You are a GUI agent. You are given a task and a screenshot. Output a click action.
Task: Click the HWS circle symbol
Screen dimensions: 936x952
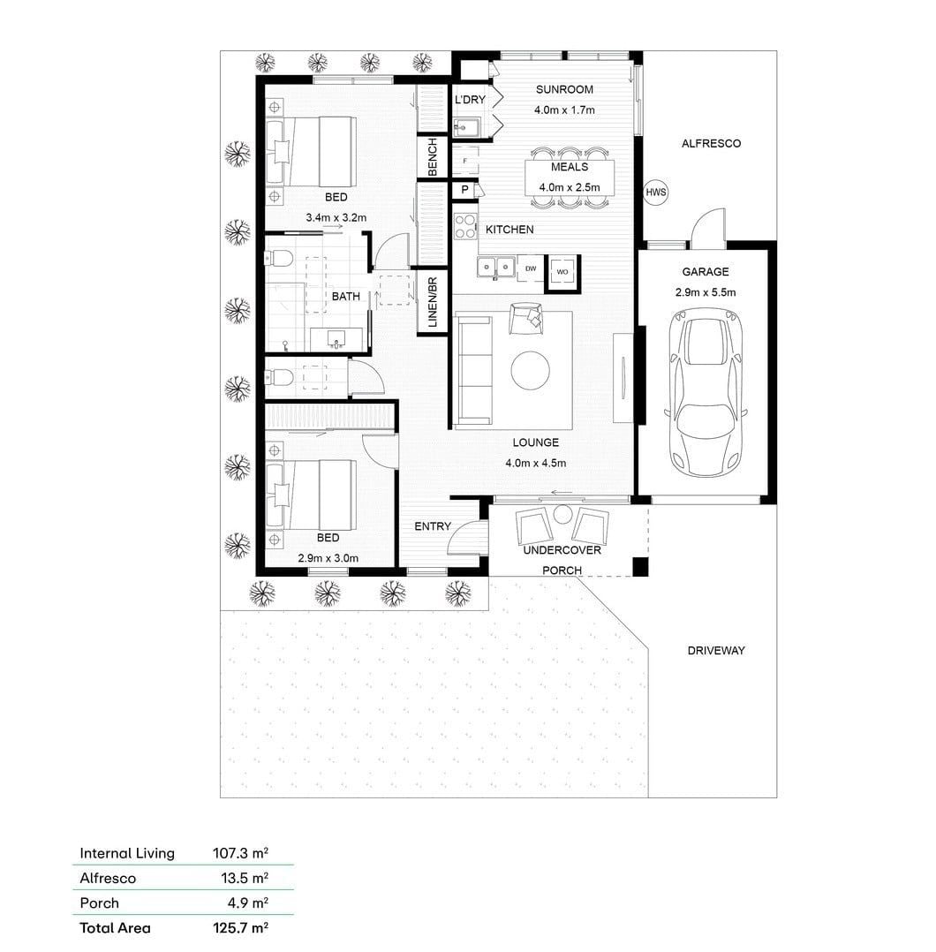pos(655,193)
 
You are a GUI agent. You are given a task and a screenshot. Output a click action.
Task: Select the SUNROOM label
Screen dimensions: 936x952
pos(564,90)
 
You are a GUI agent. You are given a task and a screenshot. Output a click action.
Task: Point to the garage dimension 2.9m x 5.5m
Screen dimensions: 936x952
pos(706,292)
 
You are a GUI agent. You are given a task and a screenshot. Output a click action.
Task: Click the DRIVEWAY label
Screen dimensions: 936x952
pos(715,651)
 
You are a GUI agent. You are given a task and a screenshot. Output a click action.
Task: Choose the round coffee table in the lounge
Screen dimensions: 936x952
pos(530,370)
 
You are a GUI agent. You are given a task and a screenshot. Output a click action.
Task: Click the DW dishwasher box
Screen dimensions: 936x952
pos(531,268)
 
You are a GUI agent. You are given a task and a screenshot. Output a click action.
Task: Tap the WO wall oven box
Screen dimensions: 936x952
pos(562,271)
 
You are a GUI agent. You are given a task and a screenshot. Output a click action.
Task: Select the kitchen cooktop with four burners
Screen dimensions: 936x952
pos(465,226)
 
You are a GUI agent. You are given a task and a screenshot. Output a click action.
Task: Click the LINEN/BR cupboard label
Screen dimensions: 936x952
pos(433,302)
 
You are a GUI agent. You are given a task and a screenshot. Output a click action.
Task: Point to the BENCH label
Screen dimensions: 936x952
pos(433,157)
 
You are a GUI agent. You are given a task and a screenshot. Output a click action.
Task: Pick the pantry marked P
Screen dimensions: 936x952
pos(465,190)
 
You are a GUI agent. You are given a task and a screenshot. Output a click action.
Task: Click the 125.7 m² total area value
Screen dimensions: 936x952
pos(240,927)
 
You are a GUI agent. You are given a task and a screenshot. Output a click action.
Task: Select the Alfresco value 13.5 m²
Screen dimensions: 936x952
pos(245,878)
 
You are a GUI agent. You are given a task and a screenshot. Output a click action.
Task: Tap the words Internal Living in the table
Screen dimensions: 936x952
pos(127,854)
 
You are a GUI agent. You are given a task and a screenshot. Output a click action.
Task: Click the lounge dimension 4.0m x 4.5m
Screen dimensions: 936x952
pos(535,464)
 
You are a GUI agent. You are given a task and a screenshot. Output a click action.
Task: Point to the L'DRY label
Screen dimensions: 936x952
pos(470,100)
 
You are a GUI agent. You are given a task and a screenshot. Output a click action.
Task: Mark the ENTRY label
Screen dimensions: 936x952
pos(433,526)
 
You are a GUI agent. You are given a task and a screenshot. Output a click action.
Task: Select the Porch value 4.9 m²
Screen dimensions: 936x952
pos(247,903)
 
